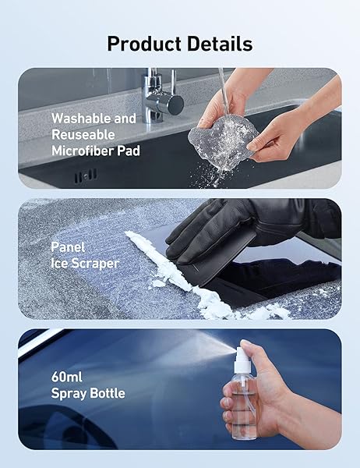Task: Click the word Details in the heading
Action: tap(217, 43)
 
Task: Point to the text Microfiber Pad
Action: tap(95, 151)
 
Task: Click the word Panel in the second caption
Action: tap(68, 246)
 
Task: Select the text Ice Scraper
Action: tap(85, 263)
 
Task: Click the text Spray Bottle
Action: tap(87, 393)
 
